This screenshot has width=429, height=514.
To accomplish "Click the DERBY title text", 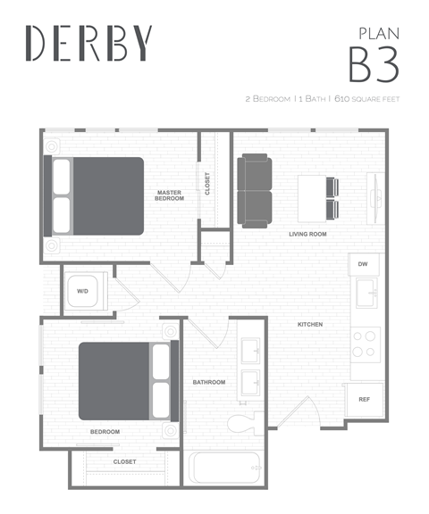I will [x=89, y=42].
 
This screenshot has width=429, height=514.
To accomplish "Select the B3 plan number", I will [x=373, y=64].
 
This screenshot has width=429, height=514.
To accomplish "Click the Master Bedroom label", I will [x=169, y=195].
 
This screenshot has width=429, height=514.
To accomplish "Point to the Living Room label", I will [x=307, y=234].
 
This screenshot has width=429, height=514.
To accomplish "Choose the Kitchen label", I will [x=310, y=324].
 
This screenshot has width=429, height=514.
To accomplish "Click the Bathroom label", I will [x=209, y=382].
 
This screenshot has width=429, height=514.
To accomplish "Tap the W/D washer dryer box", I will [x=83, y=291].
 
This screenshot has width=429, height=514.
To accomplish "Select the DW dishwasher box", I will [x=363, y=265].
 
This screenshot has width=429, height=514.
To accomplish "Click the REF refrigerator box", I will [x=364, y=399].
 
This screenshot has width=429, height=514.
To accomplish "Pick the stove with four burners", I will [x=366, y=344].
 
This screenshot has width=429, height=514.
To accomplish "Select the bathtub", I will [x=224, y=468].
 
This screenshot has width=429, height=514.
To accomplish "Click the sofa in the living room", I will [x=256, y=190].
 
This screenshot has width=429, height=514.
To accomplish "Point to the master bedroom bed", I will [x=97, y=196].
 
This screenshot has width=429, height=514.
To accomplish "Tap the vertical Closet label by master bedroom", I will [x=207, y=184].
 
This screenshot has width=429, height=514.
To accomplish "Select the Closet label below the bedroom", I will [x=125, y=461].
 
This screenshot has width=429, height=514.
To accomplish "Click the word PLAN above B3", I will [x=378, y=33].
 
